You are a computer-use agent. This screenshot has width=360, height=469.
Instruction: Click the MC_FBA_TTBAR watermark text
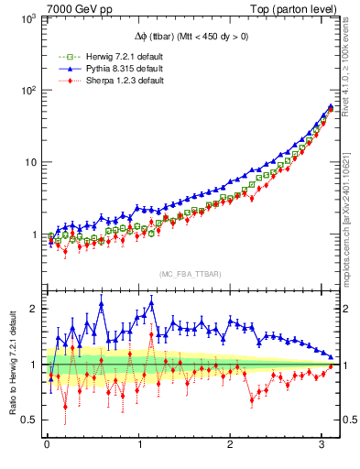coord(189,274)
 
